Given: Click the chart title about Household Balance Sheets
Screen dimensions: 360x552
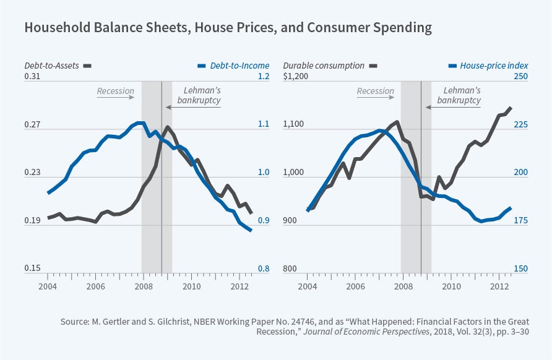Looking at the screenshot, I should coord(228,28).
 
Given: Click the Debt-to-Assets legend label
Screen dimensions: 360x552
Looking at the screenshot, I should coord(52,65).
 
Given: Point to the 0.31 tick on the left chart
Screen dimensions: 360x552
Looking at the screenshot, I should coord(32,77).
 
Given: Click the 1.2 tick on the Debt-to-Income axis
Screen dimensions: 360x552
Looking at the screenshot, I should coord(264,77).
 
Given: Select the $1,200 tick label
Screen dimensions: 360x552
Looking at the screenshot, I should coord(296,77).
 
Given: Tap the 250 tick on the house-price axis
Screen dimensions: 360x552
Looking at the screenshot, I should coord(520,77).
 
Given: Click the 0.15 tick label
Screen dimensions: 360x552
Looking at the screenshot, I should coord(32,268).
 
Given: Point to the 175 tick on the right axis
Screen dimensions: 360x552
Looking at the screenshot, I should coord(520,221).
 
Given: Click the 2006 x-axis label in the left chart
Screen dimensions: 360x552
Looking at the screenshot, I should coord(95,287).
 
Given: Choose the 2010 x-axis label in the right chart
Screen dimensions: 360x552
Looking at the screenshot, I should coord(452,287).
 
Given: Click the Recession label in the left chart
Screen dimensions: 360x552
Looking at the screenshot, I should coord(115,91).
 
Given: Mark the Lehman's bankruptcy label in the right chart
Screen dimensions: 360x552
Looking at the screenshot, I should coord(459,95).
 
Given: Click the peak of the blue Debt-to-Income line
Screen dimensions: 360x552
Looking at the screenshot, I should coord(140,122).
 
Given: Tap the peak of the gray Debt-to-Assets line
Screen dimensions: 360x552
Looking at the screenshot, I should coord(168,127).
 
